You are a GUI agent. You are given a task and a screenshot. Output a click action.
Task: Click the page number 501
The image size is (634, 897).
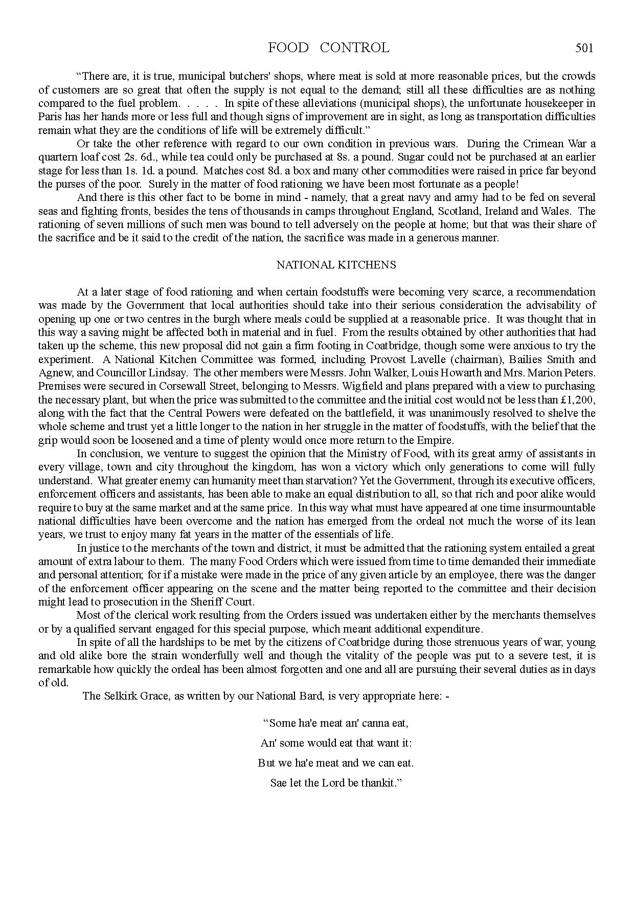(x=584, y=48)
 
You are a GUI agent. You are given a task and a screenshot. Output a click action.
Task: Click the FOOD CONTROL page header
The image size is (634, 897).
(x=328, y=48)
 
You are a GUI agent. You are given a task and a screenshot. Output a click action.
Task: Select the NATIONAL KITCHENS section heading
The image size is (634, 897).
(x=336, y=265)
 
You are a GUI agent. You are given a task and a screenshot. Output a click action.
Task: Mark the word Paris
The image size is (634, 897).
(x=50, y=117)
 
